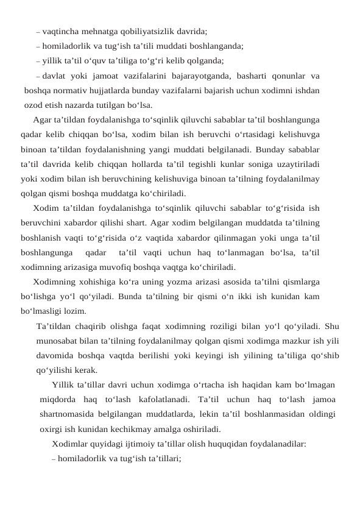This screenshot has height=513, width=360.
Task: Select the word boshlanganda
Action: (217, 45)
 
